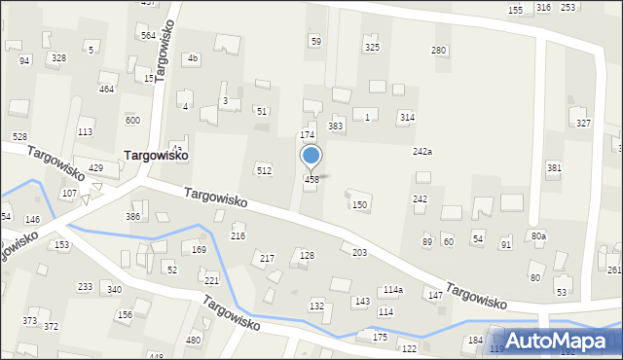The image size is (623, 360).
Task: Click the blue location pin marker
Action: [x=311, y=157]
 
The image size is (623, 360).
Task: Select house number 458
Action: [x=311, y=180]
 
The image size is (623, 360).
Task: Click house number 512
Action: [x=263, y=171]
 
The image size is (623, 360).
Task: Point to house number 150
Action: [x=359, y=204]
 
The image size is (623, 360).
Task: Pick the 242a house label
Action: [x=421, y=152]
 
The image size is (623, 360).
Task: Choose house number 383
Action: [x=336, y=126]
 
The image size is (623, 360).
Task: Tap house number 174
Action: [x=307, y=134]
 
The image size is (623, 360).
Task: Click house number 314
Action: [x=407, y=117]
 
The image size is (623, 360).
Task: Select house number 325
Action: [x=371, y=48]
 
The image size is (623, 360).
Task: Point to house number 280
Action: [x=439, y=50]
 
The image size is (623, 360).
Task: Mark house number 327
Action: [x=583, y=123]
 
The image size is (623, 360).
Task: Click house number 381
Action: [x=554, y=168]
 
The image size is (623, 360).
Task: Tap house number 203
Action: [x=359, y=253]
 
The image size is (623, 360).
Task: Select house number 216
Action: [x=238, y=236]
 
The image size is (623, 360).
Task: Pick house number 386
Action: [x=132, y=216]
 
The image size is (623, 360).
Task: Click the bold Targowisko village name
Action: [x=156, y=155]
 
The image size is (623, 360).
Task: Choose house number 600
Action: [x=132, y=120]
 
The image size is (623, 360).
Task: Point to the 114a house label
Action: [x=392, y=290]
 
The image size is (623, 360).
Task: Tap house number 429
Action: [x=95, y=168]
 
